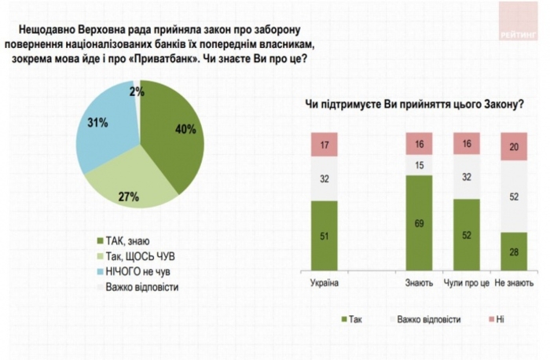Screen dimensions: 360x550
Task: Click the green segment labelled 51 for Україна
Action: tap(324, 234)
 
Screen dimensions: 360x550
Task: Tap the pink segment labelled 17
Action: tap(324, 145)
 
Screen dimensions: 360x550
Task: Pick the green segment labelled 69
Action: tap(419, 223)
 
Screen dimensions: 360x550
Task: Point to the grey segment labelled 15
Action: tap(419, 165)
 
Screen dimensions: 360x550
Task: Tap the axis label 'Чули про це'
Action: tap(467, 281)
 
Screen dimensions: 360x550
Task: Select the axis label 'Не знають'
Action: tap(515, 281)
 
